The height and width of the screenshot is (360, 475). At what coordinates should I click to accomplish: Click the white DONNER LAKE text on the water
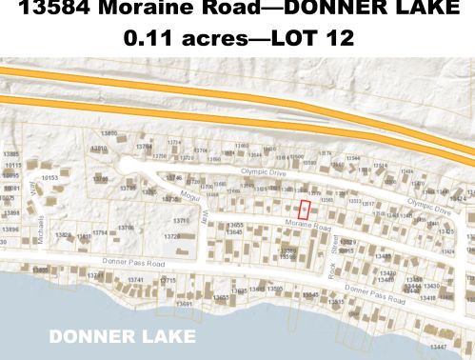[x=123, y=337]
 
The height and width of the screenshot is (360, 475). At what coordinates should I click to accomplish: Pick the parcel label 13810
[x=98, y=149]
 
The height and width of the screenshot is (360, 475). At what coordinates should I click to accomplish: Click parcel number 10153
[x=49, y=177]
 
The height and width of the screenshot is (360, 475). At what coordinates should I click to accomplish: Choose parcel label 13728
[x=173, y=236]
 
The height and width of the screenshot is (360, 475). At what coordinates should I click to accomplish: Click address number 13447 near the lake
[x=437, y=348]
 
